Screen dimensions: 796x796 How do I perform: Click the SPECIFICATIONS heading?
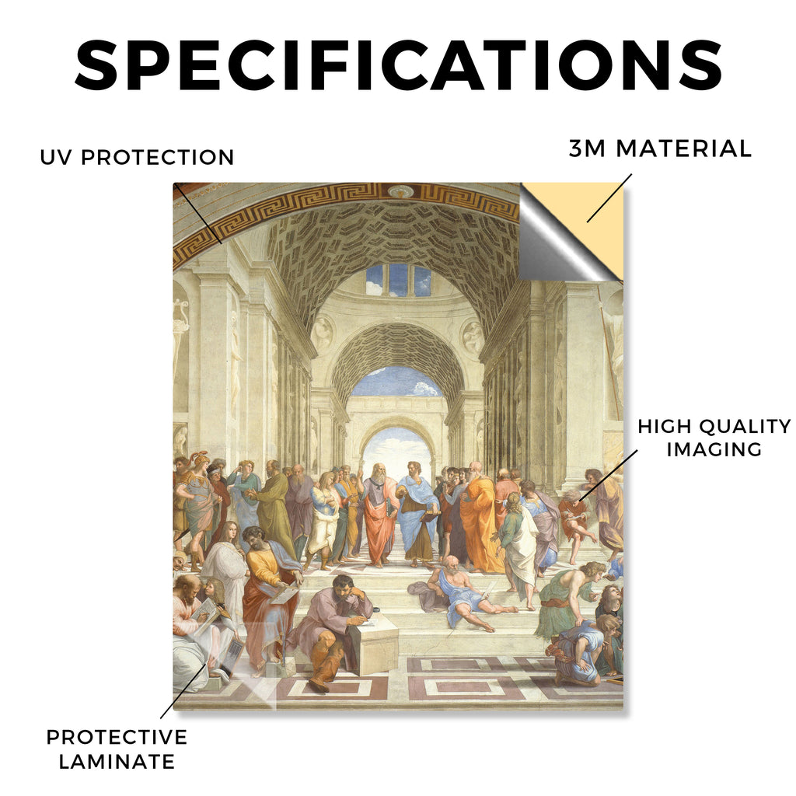tap(399, 65)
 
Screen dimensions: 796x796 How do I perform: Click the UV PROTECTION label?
tap(137, 157)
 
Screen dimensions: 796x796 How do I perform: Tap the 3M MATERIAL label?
tap(660, 148)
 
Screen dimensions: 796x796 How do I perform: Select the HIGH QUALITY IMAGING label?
tap(714, 438)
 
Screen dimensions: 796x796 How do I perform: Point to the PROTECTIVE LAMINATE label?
tap(117, 749)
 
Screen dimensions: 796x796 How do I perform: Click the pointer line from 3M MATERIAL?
tap(609, 198)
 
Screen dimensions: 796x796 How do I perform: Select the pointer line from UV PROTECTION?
tap(197, 214)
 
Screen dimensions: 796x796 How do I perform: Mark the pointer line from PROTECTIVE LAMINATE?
tap(183, 691)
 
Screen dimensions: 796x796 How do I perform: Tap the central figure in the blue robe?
tap(417, 514)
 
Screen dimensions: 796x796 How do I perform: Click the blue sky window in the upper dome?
tap(398, 280)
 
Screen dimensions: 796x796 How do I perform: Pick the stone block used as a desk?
tap(375, 648)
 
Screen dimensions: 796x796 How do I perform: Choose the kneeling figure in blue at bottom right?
tap(578, 650)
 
